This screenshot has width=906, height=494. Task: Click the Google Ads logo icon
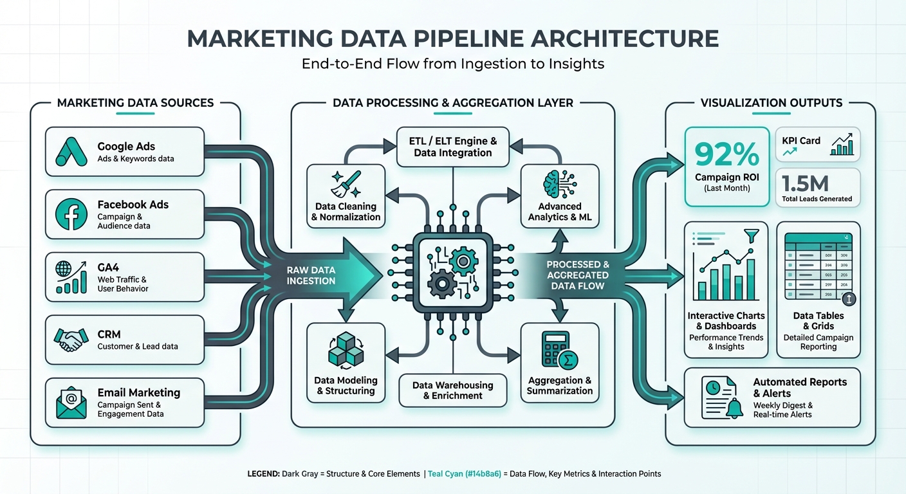[x=71, y=152]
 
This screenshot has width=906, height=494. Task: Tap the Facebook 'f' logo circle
[x=71, y=215]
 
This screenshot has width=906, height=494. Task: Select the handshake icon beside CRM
[x=71, y=340]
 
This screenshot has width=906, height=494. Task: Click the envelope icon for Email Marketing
[x=71, y=403]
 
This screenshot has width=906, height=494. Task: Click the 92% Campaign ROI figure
[x=726, y=154]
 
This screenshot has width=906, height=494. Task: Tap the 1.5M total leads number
[x=805, y=184]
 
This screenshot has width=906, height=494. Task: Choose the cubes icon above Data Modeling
[x=346, y=352]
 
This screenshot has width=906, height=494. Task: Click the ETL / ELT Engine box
[x=453, y=147]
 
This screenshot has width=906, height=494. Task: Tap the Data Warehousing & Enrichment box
[x=453, y=390]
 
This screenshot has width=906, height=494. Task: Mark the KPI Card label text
[x=801, y=141]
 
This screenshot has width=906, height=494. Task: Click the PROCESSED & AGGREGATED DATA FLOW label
[x=577, y=275]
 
